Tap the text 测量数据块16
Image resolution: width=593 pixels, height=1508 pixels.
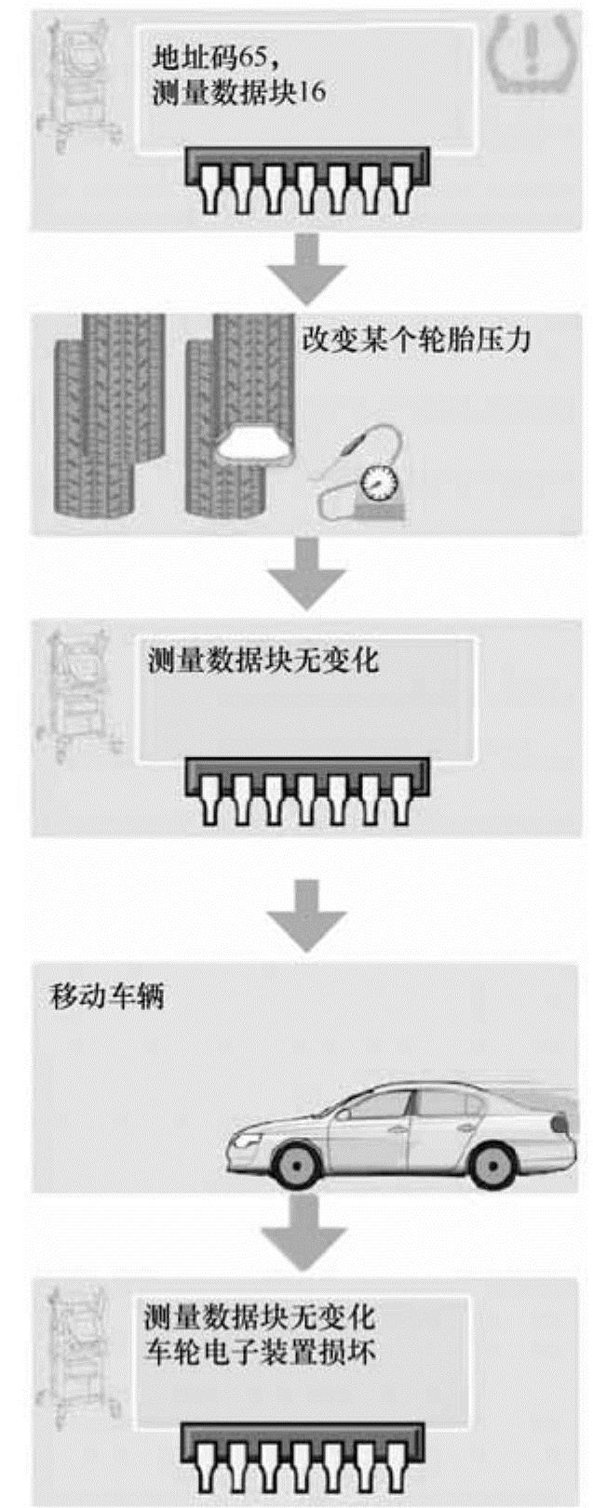(x=238, y=94)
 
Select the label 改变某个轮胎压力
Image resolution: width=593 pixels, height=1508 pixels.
(x=416, y=339)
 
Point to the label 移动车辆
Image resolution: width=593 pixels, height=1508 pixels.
(x=106, y=998)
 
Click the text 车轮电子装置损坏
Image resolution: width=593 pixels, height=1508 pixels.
(x=260, y=1352)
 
